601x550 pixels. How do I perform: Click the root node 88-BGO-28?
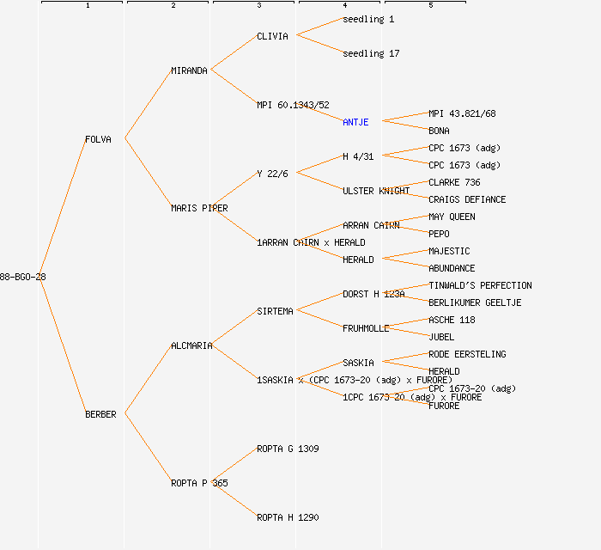pyautogui.click(x=23, y=277)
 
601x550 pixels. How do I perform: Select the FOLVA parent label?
pyautogui.click(x=98, y=139)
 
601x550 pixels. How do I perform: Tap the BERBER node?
pyautogui.click(x=100, y=414)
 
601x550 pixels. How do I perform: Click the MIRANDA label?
pyautogui.click(x=189, y=70)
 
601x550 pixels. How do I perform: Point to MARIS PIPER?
pyautogui.click(x=199, y=208)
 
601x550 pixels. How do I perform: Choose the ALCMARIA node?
pyautogui.click(x=191, y=345)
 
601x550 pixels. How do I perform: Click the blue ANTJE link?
pyautogui.click(x=355, y=122)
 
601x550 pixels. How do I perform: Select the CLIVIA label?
pyautogui.click(x=272, y=36)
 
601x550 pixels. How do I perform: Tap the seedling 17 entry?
pyautogui.click(x=371, y=53)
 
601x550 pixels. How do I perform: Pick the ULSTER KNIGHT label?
pyautogui.click(x=376, y=191)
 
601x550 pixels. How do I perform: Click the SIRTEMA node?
pyautogui.click(x=275, y=311)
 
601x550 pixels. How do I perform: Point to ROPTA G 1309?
pyautogui.click(x=288, y=449)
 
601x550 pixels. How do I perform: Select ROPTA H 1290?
pyautogui.click(x=288, y=517)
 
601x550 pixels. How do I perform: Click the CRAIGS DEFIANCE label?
pyautogui.click(x=467, y=199)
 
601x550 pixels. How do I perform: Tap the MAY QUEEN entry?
pyautogui.click(x=452, y=217)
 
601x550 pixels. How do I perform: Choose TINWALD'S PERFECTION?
pyautogui.click(x=480, y=285)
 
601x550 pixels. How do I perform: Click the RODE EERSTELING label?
pyautogui.click(x=467, y=354)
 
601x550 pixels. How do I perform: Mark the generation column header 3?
pyautogui.click(x=258, y=6)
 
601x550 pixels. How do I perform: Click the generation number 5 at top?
pyautogui.click(x=430, y=6)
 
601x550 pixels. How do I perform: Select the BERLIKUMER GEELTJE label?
pyautogui.click(x=475, y=302)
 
